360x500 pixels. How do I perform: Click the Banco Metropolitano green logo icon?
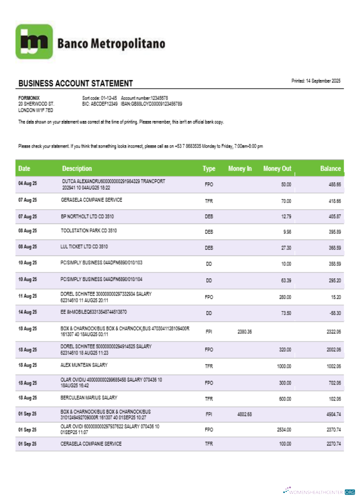tap(34, 42)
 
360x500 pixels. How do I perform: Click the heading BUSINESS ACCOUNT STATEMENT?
tap(75, 83)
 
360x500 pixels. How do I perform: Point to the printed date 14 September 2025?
tap(316, 81)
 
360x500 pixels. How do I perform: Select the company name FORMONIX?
tap(29, 98)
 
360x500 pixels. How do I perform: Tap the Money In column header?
tap(240, 168)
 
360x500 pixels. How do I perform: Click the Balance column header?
tap(330, 168)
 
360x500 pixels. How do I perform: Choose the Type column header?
tap(209, 168)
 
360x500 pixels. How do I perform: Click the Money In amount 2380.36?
tap(244, 331)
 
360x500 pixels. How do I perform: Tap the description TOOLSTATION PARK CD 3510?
tap(88, 231)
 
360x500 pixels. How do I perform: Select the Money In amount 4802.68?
tap(244, 414)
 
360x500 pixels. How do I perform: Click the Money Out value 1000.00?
tap(284, 366)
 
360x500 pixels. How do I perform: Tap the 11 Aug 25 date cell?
tap(27, 296)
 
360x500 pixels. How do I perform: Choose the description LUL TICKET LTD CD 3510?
tap(84, 246)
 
